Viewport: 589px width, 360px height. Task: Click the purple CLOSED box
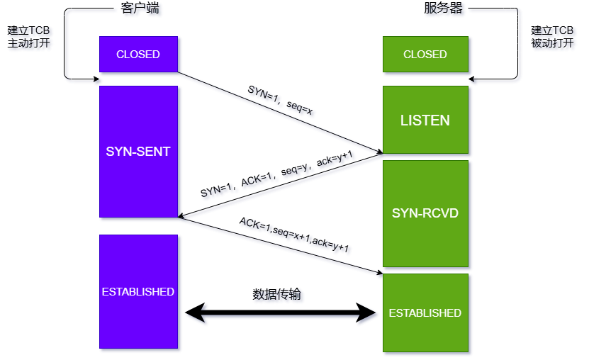click(138, 55)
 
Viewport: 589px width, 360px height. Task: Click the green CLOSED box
click(425, 55)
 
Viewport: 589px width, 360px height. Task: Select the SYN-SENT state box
click(138, 152)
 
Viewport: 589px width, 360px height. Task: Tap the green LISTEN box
click(425, 120)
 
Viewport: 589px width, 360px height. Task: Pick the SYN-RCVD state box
click(425, 213)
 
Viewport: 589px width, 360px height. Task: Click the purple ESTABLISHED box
click(138, 291)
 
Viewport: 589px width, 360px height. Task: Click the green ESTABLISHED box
click(425, 313)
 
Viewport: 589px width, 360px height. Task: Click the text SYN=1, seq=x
click(279, 101)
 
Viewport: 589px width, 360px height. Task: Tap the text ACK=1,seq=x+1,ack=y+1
click(293, 235)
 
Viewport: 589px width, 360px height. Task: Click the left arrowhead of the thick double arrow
click(194, 312)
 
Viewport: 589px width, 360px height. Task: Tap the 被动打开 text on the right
click(552, 43)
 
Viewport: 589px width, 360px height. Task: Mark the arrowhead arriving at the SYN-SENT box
click(182, 215)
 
